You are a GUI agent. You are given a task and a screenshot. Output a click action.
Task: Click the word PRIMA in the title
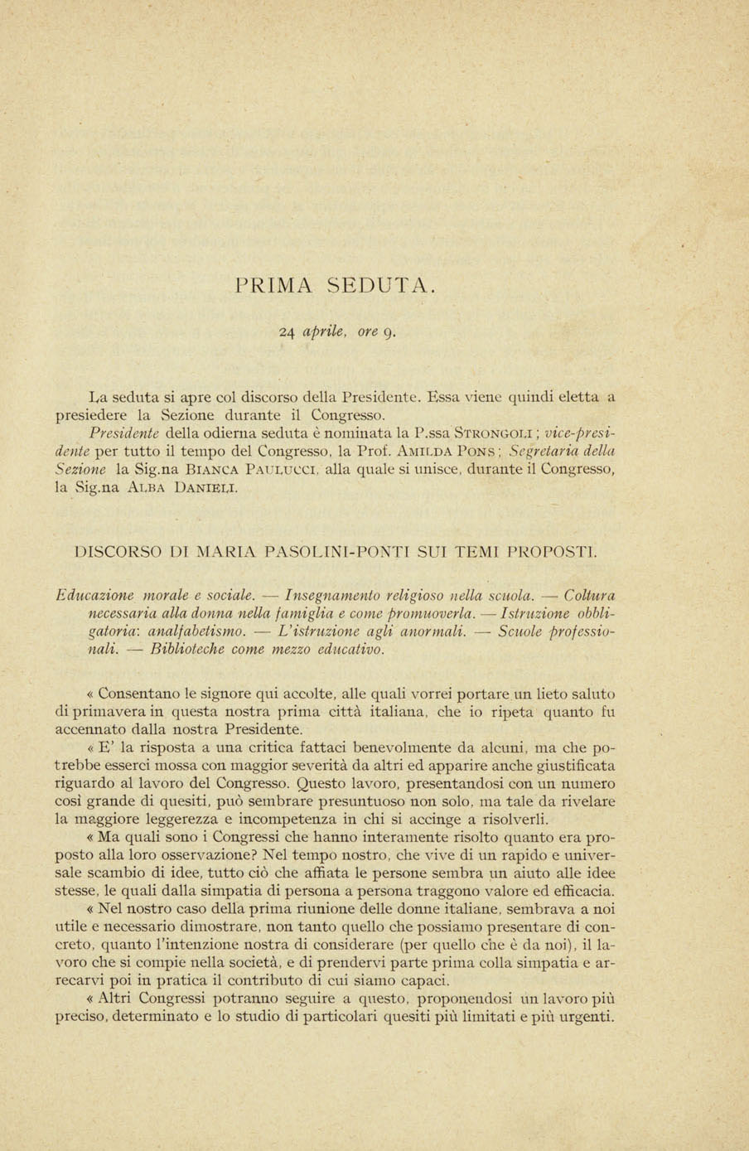(x=273, y=287)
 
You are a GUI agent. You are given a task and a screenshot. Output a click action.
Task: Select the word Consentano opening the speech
(x=133, y=694)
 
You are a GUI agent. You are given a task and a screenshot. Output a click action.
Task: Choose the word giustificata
(x=572, y=766)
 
